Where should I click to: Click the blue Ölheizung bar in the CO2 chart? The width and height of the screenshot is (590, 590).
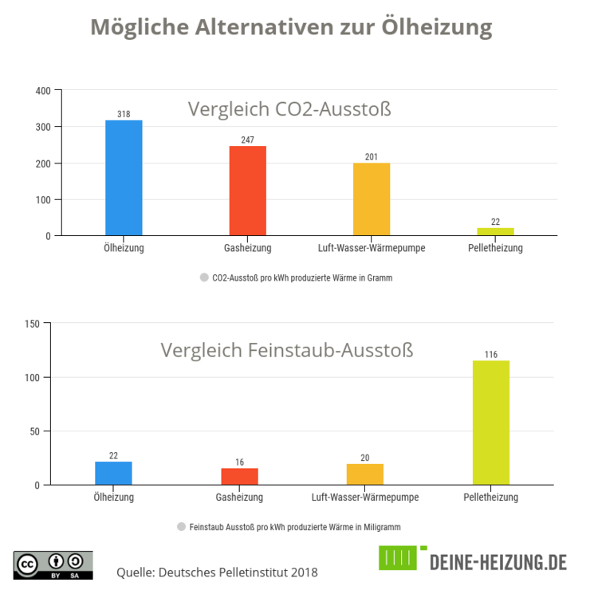124,178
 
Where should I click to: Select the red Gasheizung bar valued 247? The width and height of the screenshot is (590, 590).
247,191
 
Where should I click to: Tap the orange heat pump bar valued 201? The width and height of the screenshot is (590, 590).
372,199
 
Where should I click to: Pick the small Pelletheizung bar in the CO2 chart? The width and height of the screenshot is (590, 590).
495,231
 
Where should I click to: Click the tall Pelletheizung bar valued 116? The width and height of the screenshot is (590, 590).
491,423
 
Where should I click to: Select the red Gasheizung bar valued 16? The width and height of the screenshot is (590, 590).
239,476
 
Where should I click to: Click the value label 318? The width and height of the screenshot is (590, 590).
124,114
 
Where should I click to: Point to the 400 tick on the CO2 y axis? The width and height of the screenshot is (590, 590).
43,91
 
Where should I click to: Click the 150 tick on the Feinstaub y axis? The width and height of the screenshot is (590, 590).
32,323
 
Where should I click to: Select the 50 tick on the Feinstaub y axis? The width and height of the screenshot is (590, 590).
34,431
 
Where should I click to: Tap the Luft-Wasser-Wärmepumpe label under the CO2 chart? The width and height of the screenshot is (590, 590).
372,248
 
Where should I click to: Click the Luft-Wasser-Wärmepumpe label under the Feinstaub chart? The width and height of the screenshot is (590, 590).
365,498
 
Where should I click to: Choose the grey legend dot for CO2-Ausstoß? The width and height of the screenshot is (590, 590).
204,278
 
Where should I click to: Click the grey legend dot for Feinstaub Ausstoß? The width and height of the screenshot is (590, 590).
181,527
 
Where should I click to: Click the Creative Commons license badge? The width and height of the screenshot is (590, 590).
53,564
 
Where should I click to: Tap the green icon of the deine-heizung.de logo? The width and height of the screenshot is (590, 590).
398,558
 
